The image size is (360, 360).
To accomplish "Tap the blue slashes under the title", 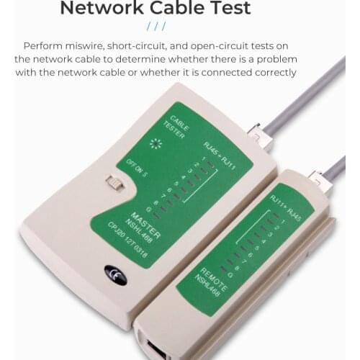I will click(156, 27).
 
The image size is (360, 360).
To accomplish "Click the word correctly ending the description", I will click(265, 72).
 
